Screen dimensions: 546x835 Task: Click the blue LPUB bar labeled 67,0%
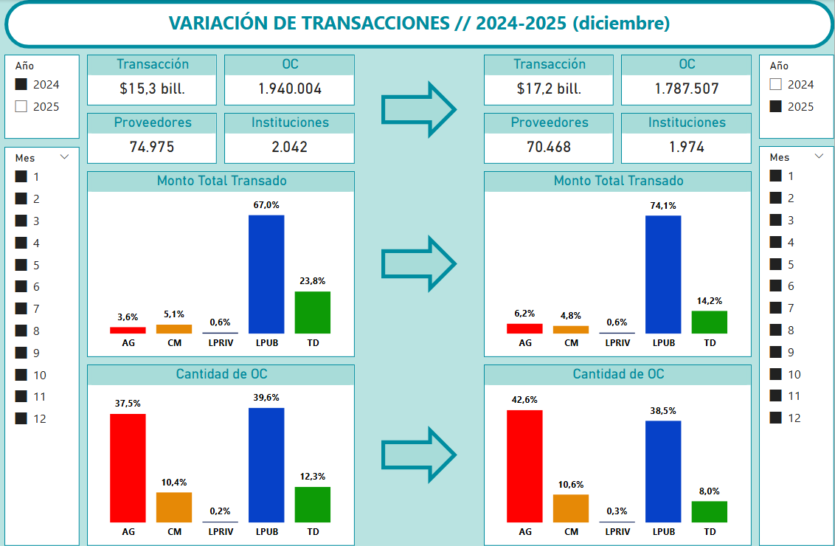[266, 274]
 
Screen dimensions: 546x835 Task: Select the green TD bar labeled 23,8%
[312, 312]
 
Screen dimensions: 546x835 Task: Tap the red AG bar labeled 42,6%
[524, 466]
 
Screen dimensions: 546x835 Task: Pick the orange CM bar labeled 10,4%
[174, 507]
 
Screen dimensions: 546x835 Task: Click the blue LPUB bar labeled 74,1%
[663, 274]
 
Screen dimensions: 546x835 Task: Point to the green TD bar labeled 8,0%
[709, 511]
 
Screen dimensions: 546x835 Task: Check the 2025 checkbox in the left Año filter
[21, 106]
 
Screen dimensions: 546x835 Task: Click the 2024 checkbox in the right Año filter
[775, 85]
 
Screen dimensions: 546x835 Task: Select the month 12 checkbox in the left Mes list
[21, 418]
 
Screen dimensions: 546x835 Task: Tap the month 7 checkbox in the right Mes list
[775, 308]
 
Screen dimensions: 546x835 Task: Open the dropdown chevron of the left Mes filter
[64, 157]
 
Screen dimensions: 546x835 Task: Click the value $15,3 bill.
[152, 89]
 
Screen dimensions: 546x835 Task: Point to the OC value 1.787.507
[686, 89]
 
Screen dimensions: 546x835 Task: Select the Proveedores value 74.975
[152, 147]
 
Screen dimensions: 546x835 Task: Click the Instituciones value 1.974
[686, 147]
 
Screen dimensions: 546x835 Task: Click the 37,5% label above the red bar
[128, 404]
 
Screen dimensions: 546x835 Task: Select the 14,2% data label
[709, 301]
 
